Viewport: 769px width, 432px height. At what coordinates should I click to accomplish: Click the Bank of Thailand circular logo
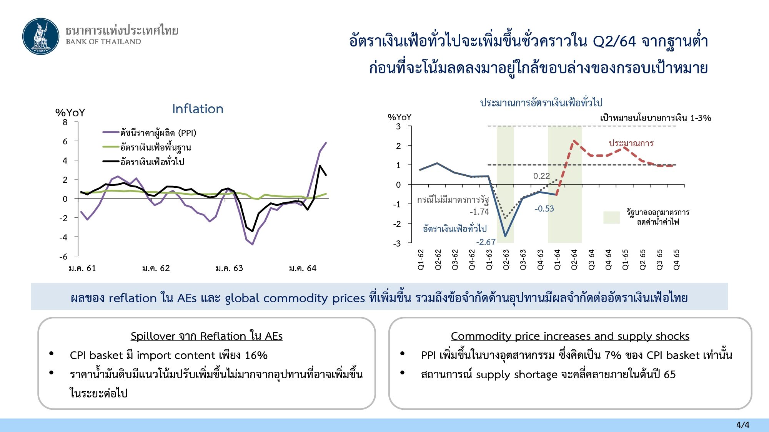(x=41, y=36)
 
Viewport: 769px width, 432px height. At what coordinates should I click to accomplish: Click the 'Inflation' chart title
(x=198, y=109)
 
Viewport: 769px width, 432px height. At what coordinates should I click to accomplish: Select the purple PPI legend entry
(x=150, y=133)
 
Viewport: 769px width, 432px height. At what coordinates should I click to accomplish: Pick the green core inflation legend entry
(x=147, y=147)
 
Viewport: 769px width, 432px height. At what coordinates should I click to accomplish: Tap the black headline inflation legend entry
(x=143, y=162)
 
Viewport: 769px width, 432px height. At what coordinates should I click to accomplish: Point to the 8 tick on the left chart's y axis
(x=65, y=122)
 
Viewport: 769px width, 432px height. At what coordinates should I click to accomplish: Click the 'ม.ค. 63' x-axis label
(x=229, y=268)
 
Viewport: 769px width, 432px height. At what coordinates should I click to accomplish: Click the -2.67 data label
(x=486, y=242)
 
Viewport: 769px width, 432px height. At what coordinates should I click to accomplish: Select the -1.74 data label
(x=479, y=212)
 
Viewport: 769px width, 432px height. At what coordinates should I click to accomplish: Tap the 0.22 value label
(x=541, y=176)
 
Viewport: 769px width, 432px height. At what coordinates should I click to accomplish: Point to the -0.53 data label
(x=544, y=209)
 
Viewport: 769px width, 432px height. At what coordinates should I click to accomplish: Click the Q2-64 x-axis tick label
(x=574, y=260)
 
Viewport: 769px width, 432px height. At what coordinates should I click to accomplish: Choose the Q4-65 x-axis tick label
(x=676, y=260)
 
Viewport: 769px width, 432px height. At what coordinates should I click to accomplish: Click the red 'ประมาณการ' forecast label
(x=631, y=143)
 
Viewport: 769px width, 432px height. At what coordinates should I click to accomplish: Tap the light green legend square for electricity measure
(x=611, y=217)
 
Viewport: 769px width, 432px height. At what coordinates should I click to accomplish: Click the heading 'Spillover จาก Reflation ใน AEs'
(x=206, y=336)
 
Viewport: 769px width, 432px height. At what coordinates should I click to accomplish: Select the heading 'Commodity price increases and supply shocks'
(x=570, y=336)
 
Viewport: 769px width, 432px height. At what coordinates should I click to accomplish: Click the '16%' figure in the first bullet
(x=256, y=355)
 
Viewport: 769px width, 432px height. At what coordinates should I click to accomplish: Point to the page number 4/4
(x=743, y=425)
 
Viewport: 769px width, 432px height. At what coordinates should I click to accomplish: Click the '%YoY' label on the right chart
(x=399, y=117)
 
